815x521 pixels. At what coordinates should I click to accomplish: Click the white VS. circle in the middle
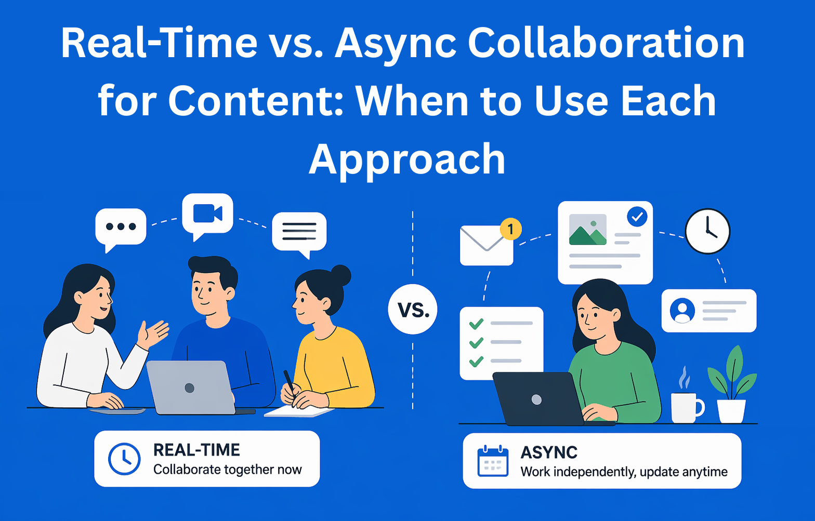point(413,310)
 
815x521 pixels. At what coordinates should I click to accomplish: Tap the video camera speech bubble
point(207,214)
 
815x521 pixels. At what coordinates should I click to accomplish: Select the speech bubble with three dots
point(121,227)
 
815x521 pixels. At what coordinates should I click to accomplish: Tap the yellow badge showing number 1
point(510,229)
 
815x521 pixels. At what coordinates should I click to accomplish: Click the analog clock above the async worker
point(707,231)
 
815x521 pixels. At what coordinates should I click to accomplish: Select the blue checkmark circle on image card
point(637,216)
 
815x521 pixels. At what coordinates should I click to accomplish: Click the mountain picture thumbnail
point(588,230)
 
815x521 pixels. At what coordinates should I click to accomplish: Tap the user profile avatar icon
point(682,311)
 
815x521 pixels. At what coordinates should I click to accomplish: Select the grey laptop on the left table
point(190,387)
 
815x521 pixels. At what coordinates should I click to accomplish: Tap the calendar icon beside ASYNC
point(492,461)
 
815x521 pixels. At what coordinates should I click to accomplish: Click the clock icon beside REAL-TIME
point(124,459)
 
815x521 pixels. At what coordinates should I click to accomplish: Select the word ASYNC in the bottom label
point(549,452)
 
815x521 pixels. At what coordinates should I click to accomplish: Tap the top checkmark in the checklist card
point(476,324)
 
